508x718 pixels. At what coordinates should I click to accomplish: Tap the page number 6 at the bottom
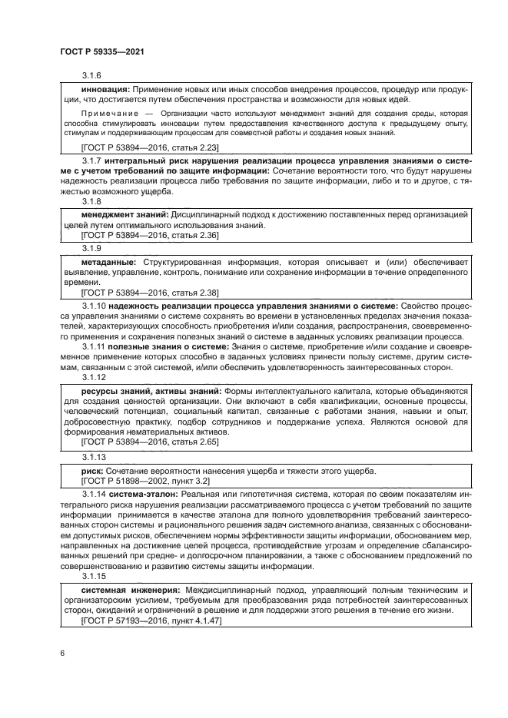[61, 653]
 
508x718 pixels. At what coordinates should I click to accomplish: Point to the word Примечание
[109, 112]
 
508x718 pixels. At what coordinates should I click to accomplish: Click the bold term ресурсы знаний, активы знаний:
[151, 392]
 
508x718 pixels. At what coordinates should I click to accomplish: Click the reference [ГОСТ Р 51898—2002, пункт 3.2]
[145, 480]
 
